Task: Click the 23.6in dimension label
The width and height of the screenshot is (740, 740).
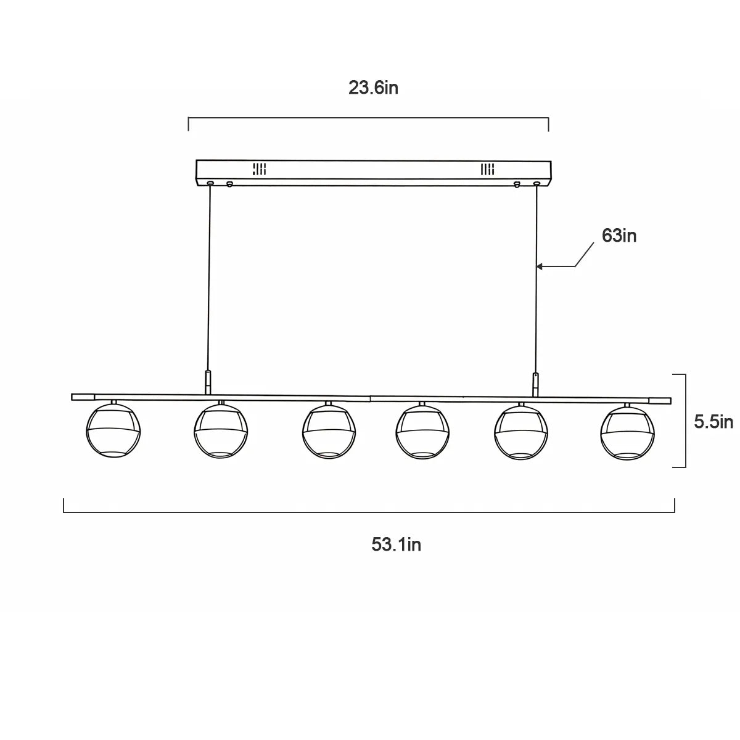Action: click(x=373, y=88)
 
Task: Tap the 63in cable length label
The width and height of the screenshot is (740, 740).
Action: click(x=619, y=236)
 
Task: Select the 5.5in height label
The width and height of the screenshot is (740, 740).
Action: click(x=713, y=422)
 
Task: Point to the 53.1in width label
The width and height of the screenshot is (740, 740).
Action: click(x=396, y=544)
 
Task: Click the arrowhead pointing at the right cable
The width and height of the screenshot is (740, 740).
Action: click(x=540, y=266)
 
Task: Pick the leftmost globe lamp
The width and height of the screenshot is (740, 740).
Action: click(x=113, y=430)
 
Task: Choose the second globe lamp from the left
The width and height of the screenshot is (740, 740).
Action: click(x=221, y=430)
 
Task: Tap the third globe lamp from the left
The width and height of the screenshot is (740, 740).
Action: click(x=329, y=431)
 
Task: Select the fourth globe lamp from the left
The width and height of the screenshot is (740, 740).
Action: click(x=422, y=432)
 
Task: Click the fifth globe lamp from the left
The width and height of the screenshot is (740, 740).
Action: click(x=520, y=433)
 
